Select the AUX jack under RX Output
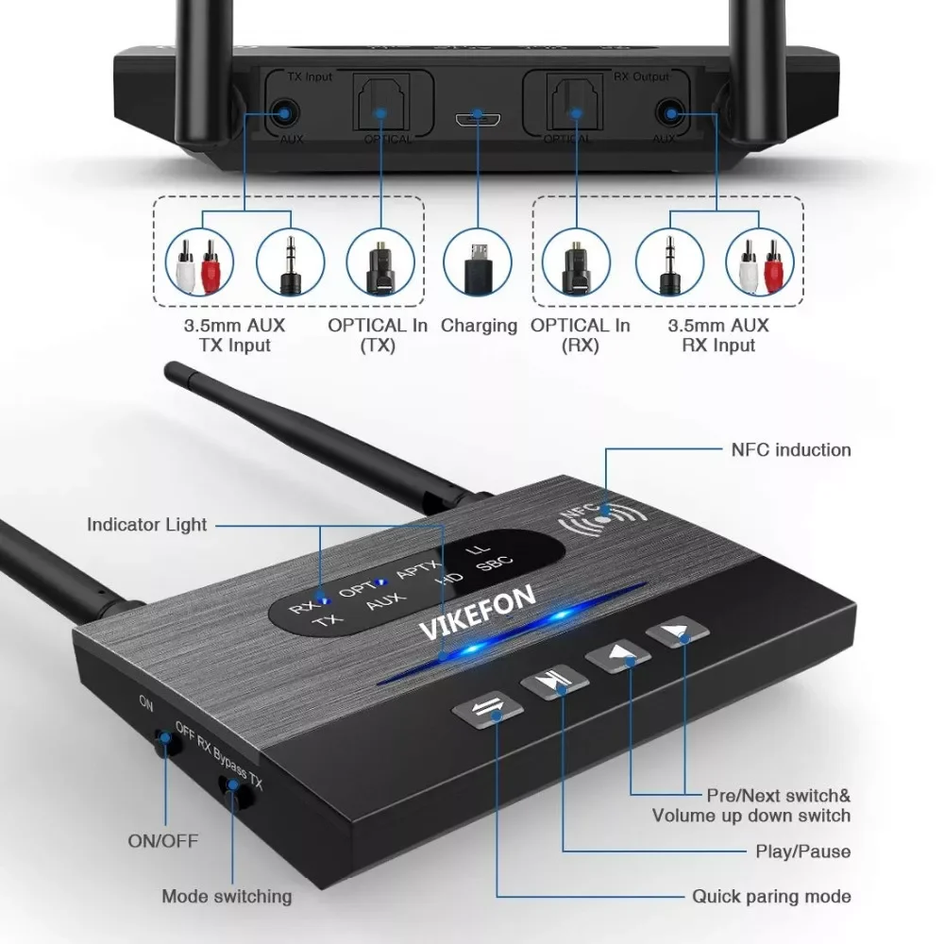[x=671, y=114]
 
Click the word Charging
[x=480, y=326]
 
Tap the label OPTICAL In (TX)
[x=378, y=335]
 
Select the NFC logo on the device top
[x=599, y=518]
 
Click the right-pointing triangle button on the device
[x=679, y=632]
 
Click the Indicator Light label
[x=146, y=525]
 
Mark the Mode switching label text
[x=227, y=896]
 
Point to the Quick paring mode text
[x=771, y=896]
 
